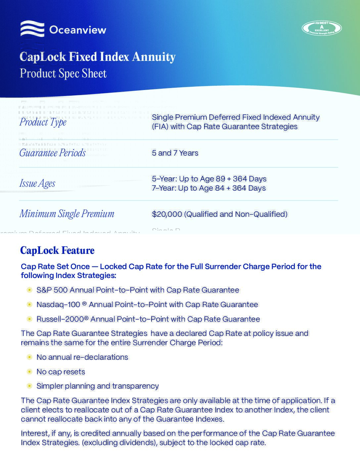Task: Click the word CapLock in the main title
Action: (x=43, y=57)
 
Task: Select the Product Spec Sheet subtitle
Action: (x=63, y=73)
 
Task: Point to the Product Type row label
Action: (x=43, y=122)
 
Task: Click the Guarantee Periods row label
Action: (x=52, y=153)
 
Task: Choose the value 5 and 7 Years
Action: (x=175, y=153)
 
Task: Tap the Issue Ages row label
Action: (x=37, y=183)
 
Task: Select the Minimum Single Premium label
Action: (x=67, y=214)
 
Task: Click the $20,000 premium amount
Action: (x=167, y=214)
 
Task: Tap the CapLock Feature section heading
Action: (x=57, y=250)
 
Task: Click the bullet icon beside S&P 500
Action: (x=29, y=290)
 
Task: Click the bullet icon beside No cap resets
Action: (x=29, y=372)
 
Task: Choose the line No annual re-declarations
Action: (x=82, y=357)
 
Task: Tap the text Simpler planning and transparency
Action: (x=98, y=386)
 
